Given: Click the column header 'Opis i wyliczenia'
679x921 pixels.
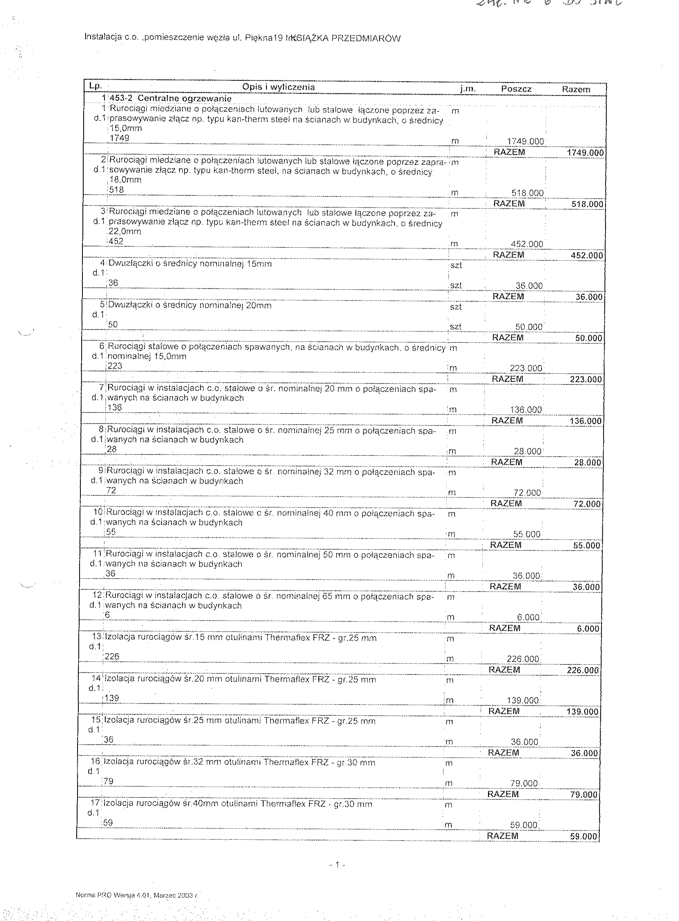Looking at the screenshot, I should (278, 87).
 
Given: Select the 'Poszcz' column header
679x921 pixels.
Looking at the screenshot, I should (516, 89).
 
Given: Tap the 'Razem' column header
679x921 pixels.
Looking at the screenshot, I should (576, 89).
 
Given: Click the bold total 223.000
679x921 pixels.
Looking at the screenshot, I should (586, 379).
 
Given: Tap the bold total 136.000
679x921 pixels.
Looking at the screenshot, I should (586, 421).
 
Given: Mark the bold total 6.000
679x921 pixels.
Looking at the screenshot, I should (588, 628).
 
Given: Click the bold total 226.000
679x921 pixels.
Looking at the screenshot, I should (582, 670).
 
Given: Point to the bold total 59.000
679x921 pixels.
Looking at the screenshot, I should (584, 837).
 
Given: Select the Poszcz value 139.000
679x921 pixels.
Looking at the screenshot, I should (522, 701).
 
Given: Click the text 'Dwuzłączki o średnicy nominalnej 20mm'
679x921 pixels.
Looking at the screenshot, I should (189, 306).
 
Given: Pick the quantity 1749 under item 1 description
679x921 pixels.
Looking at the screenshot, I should (120, 138).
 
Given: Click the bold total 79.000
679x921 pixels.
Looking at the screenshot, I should (584, 795).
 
